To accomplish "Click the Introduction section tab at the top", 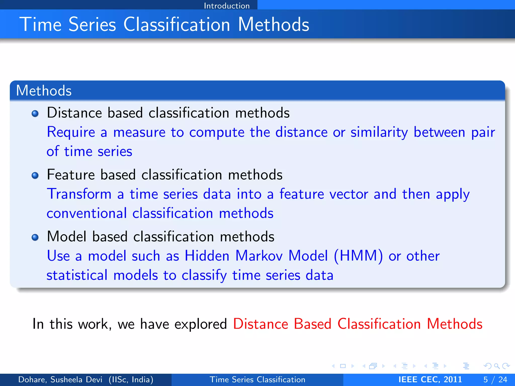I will click(227, 6).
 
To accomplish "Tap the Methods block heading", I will click(44, 90).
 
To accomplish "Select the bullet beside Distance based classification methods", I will click(35, 114).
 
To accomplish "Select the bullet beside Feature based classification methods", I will click(35, 175).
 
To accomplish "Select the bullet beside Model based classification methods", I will click(35, 237).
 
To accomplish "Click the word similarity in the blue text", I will click(379, 132).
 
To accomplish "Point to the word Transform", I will click(79, 194).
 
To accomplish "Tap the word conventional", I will click(87, 213).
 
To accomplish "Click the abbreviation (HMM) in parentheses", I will click(358, 256).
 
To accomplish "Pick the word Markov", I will click(259, 256).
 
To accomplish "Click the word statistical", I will click(77, 275).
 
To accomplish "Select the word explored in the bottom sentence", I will click(200, 324).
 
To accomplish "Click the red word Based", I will click(312, 324).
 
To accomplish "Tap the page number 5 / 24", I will click(495, 379).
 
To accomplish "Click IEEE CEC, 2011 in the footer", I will click(430, 379).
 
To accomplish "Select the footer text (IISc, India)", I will click(131, 379).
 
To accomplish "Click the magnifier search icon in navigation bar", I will click(497, 366).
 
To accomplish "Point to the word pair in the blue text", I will click(483, 133).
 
